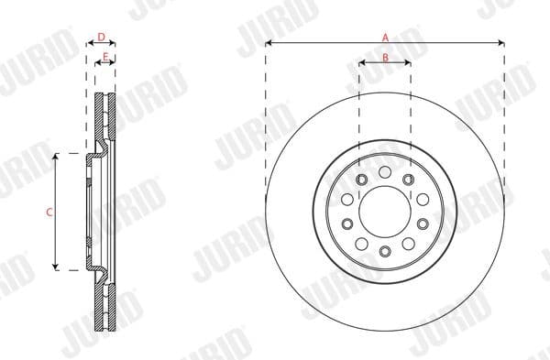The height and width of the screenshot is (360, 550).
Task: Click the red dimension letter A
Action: click(385, 37)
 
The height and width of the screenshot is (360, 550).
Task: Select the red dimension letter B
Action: click(385, 57)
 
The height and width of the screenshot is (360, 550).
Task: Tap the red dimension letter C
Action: click(49, 212)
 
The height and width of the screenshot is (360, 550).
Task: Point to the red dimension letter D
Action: click(101, 37)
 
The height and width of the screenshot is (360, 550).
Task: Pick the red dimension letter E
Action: click(106, 57)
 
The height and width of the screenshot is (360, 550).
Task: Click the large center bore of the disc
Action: click(385, 212)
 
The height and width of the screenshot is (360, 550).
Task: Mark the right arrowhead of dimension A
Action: click(501, 43)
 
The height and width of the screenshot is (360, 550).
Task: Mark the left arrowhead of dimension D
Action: click(89, 43)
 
